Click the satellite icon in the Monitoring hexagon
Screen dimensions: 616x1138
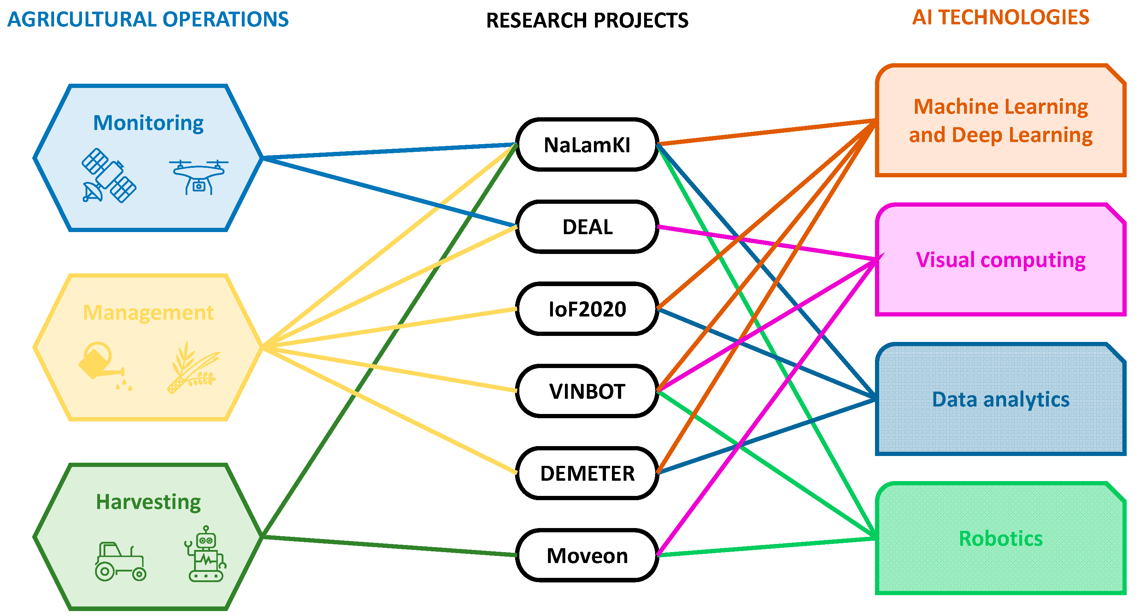pos(109,176)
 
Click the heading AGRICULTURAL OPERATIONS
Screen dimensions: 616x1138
pos(148,19)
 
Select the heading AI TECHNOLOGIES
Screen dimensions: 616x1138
pos(1000,18)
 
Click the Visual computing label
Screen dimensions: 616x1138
pos(1000,260)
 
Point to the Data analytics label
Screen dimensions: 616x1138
pos(1000,399)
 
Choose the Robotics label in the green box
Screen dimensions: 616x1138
pos(1000,539)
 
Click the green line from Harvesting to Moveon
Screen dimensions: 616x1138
pos(389,546)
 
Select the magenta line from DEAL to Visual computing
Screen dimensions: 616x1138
pos(766,243)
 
